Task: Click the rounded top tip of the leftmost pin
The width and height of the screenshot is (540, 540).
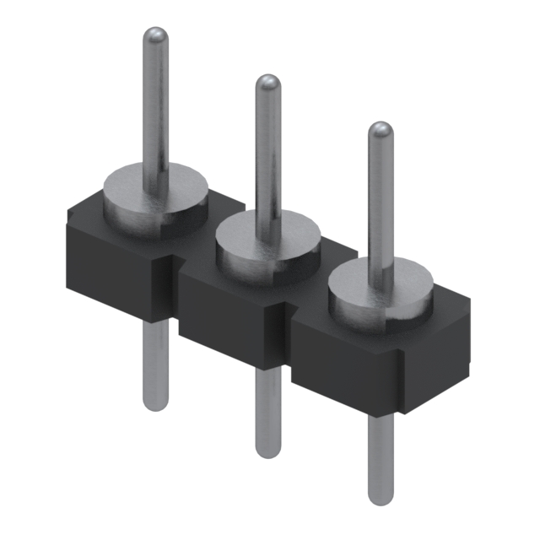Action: (154, 36)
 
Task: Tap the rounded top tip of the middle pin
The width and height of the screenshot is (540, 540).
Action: (268, 84)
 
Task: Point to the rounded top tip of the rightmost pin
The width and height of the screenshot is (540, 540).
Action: (381, 131)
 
